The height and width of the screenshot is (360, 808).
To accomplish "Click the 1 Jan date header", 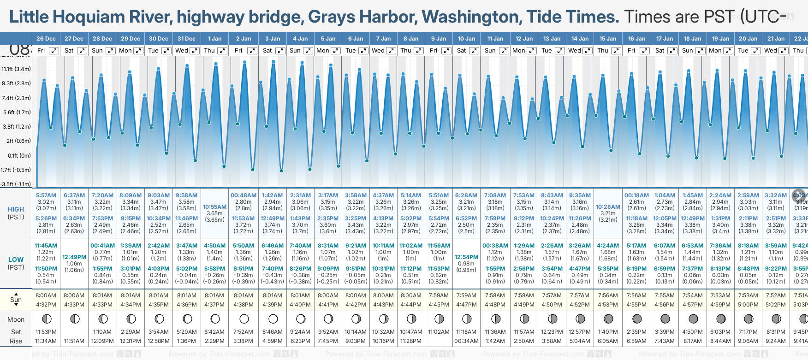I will point(214,39).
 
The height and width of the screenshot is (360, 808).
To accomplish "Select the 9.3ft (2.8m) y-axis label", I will point(16,83).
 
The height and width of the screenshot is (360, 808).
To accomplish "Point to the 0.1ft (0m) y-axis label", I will point(19,155).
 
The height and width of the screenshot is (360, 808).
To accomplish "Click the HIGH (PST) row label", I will point(16,213).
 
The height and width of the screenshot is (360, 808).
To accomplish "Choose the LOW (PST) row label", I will point(16,263).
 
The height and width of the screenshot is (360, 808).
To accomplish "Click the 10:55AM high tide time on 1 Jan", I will point(214,207).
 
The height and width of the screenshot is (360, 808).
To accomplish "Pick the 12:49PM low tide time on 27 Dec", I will point(74,257).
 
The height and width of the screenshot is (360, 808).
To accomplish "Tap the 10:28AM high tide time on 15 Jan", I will point(608,207).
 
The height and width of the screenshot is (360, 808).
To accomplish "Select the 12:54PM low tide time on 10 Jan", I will point(466,257).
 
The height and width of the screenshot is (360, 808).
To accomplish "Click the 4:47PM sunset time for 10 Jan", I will point(466,305).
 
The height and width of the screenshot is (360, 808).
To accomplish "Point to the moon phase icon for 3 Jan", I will point(273,319).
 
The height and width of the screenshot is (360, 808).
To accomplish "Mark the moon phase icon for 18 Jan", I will point(693,319).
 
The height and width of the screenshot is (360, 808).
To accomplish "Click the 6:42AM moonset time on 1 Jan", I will point(214,332).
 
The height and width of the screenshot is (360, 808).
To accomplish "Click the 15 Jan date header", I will point(608,39).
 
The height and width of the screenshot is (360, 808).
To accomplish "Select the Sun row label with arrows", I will point(16,300).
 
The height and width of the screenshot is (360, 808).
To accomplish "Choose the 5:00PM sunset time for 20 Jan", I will point(748,305).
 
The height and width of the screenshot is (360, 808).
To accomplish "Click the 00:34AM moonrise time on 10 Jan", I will point(466,341).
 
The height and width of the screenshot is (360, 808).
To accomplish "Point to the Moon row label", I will point(16,319).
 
